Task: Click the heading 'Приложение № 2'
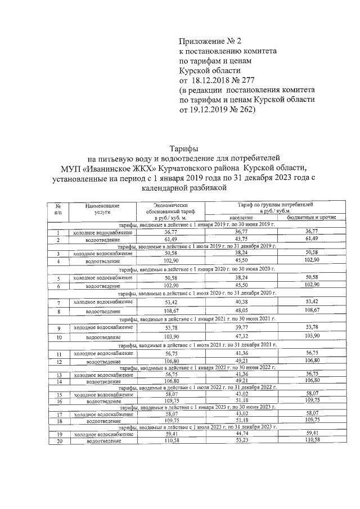pyautogui.click(x=209, y=41)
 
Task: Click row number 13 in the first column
pyautogui.click(x=58, y=374)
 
